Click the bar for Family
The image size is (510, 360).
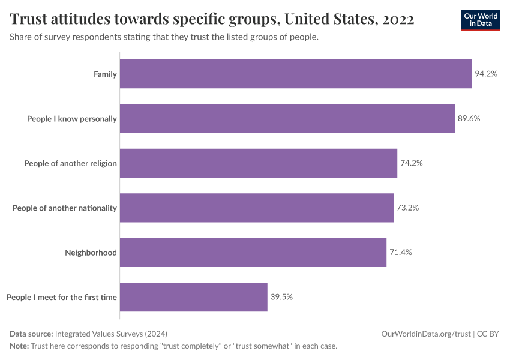point(296,74)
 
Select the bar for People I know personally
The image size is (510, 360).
point(287,119)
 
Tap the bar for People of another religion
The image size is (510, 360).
point(259,163)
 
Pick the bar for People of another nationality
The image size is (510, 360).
point(257,208)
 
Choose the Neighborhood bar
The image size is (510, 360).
point(253,252)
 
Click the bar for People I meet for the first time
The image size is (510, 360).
point(194,297)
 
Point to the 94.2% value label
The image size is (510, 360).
point(486,74)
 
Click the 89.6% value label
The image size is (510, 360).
point(469,119)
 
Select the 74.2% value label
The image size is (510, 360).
point(411,163)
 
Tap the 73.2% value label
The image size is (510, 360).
point(407,208)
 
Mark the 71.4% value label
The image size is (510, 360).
point(401,252)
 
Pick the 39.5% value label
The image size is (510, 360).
point(281,297)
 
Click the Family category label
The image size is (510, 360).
point(105,74)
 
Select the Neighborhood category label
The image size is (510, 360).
point(91,253)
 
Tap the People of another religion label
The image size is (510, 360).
point(70,163)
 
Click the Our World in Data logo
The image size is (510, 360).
point(481,20)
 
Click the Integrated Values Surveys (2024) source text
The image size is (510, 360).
point(111,334)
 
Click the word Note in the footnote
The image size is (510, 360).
point(19,346)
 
